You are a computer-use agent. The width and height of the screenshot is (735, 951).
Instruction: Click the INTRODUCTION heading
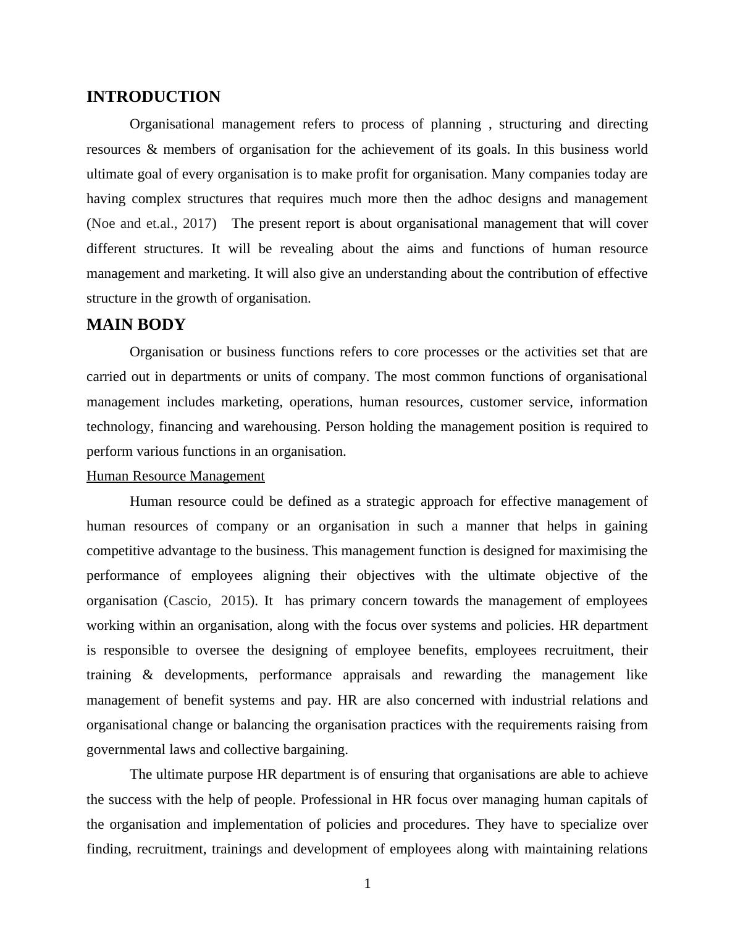click(x=153, y=97)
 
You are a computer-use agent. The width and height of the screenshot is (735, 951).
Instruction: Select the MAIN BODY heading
click(x=136, y=325)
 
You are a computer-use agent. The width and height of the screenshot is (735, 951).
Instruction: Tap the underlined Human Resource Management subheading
click(x=175, y=476)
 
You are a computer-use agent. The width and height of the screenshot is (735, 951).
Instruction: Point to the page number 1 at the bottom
click(x=367, y=884)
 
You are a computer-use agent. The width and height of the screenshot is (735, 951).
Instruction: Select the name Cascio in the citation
click(x=189, y=601)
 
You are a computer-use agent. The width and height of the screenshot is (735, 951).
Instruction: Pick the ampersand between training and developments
click(x=148, y=675)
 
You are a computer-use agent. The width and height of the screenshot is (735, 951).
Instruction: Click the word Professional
click(x=336, y=800)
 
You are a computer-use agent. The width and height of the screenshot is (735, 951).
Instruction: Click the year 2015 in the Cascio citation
click(x=235, y=601)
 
